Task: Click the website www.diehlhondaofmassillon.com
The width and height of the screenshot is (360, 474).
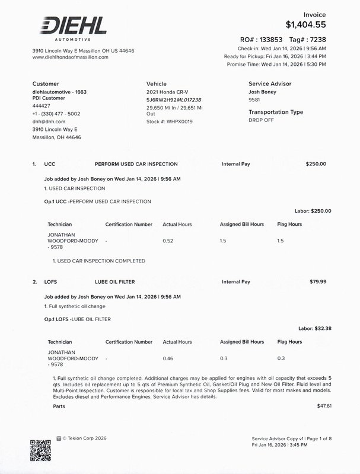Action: [x=70, y=57]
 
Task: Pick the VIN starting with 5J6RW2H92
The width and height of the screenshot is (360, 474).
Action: [x=174, y=100]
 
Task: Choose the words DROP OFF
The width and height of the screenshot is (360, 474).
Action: [x=262, y=120]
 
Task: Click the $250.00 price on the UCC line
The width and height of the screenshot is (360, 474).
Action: [x=316, y=164]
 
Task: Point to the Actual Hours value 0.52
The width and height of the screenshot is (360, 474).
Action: [x=168, y=241]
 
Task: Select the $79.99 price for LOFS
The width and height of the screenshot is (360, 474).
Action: [x=318, y=282]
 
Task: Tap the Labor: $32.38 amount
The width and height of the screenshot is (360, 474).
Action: [x=314, y=328]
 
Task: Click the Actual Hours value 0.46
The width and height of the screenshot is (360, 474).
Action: [x=168, y=358]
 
